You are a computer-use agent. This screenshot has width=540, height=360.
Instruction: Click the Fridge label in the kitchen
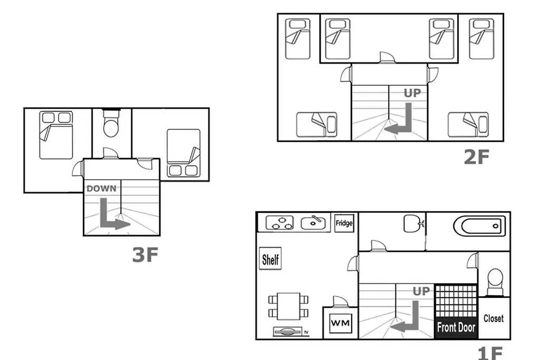[x=344, y=223]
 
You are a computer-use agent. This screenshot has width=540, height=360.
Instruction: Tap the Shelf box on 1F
[x=271, y=259]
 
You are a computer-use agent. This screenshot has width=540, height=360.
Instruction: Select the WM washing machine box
[x=340, y=322]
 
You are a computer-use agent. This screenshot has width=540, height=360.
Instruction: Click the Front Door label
[x=456, y=327]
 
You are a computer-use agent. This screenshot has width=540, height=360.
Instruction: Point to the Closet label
[x=494, y=318]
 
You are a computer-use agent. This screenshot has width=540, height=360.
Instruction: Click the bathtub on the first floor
[x=479, y=226]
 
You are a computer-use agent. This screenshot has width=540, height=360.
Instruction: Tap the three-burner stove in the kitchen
[x=279, y=223]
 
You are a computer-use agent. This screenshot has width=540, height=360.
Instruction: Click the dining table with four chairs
[x=288, y=306]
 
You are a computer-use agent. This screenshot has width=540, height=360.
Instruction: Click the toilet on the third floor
[x=111, y=126]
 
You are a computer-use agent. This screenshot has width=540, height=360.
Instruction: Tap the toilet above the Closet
[x=495, y=280]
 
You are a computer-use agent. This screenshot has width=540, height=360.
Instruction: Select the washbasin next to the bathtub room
[x=412, y=223]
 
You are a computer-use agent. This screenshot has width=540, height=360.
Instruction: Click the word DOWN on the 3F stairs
[x=101, y=188]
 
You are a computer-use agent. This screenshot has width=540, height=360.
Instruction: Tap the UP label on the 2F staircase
[x=412, y=93]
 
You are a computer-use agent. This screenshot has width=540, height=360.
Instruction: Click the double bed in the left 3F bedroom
[x=55, y=135]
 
